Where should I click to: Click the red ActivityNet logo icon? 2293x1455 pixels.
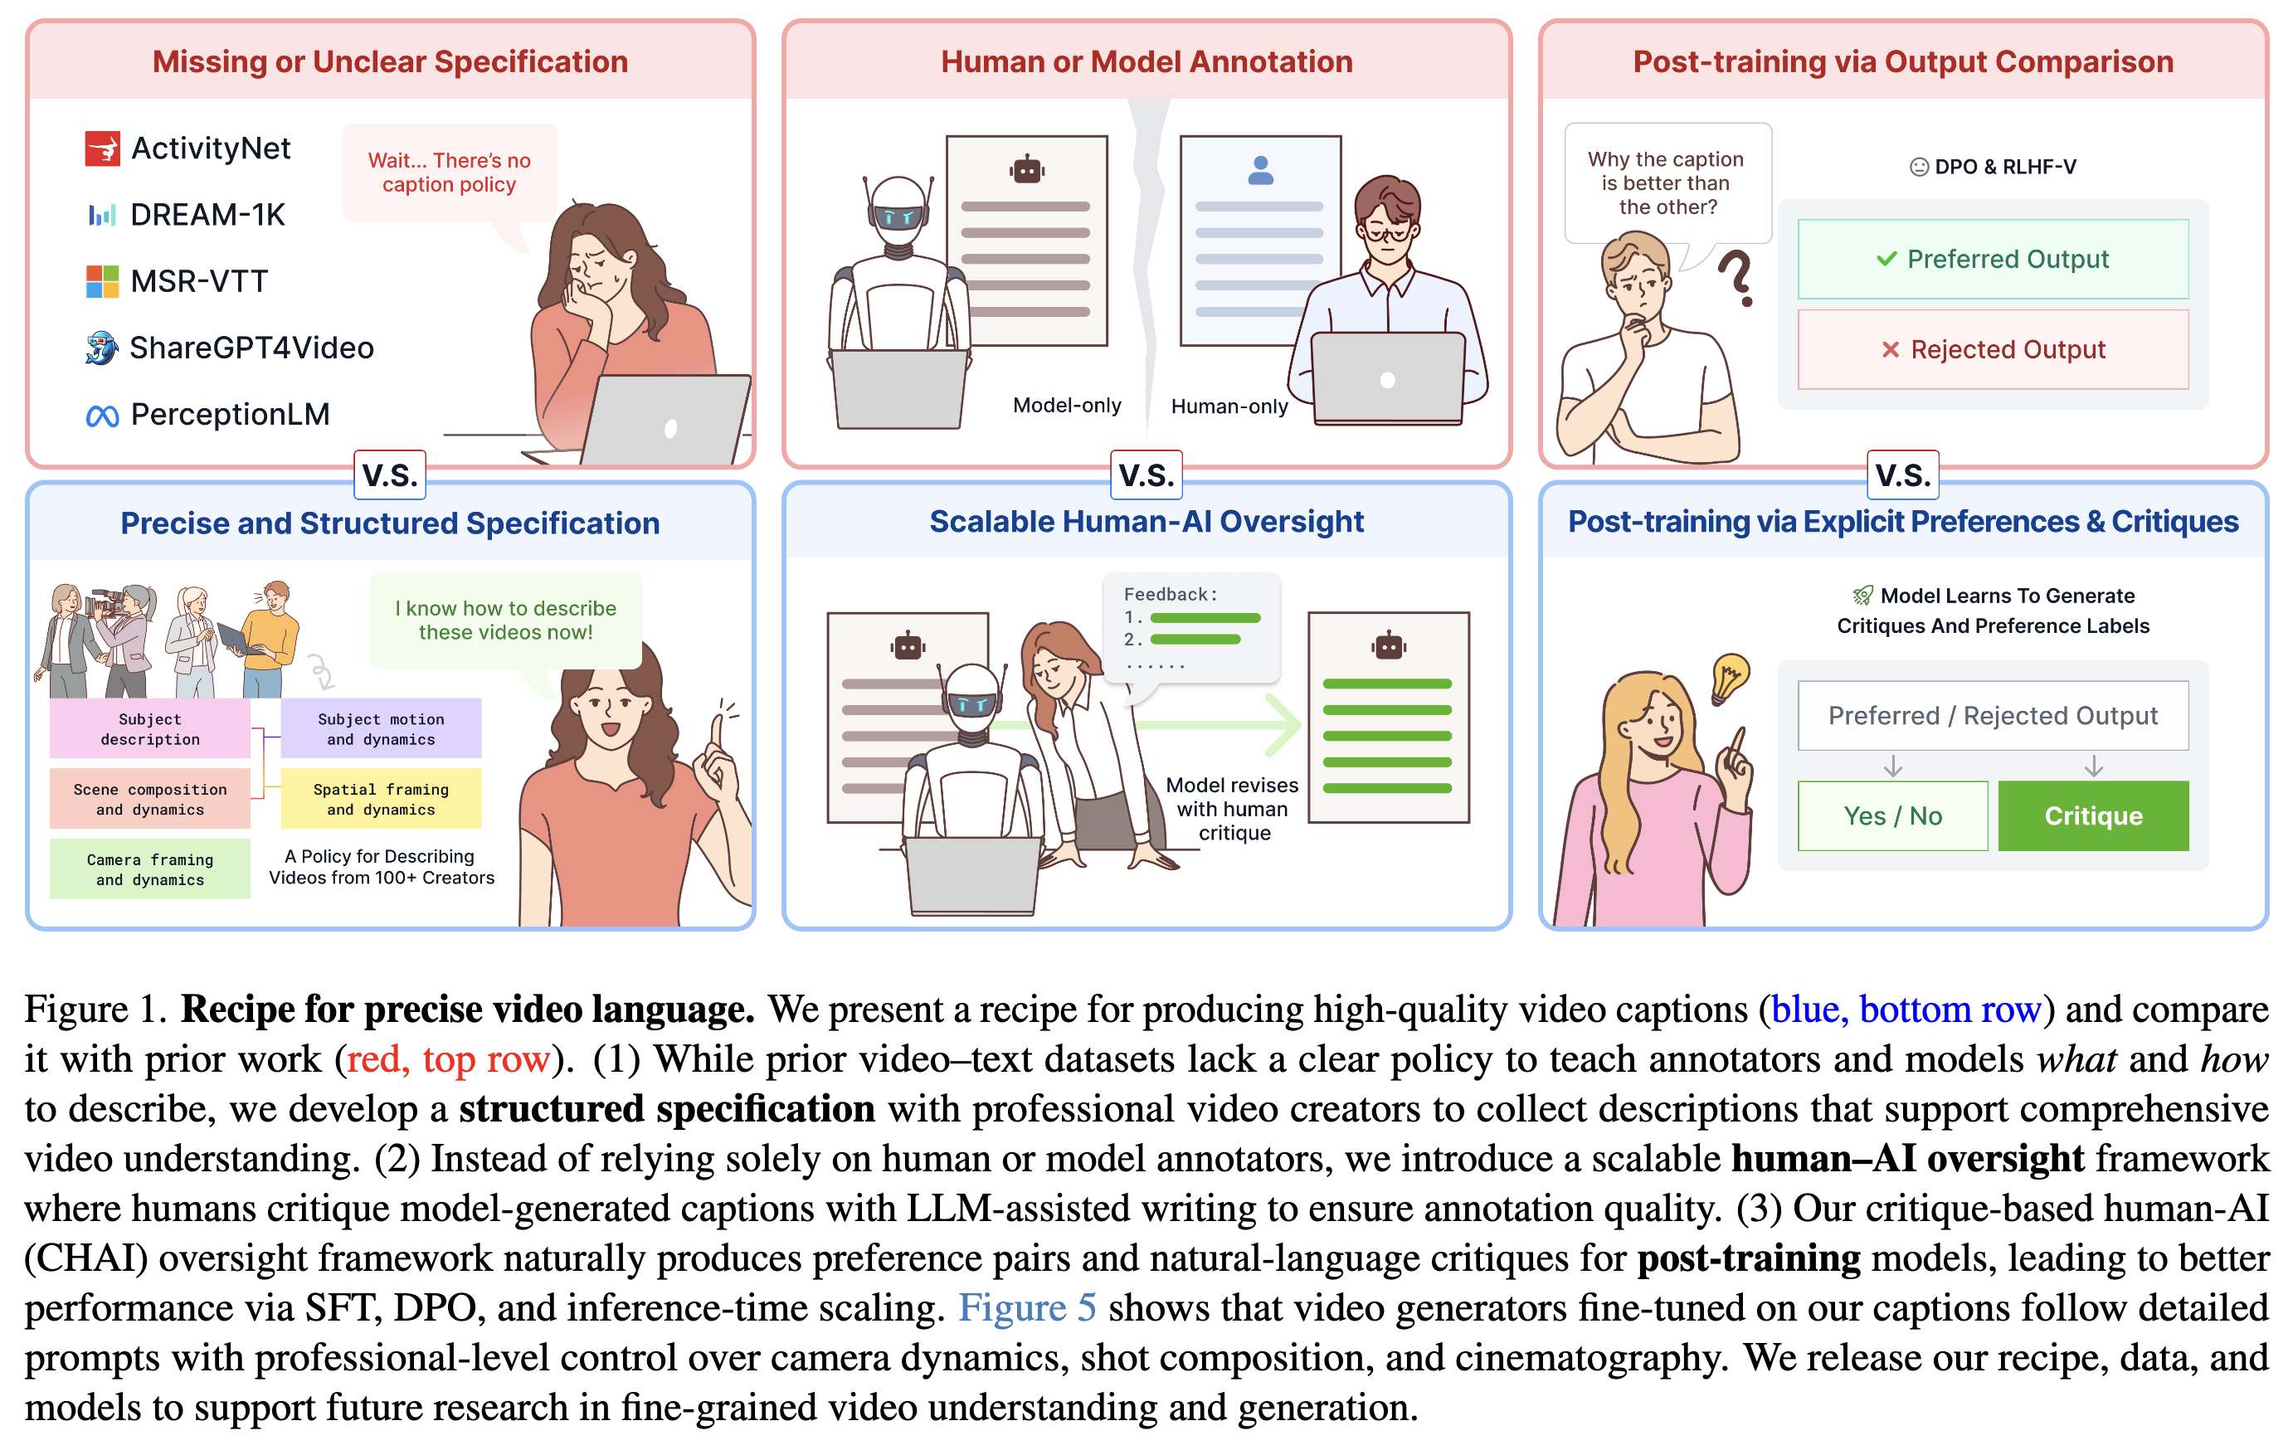pos(102,148)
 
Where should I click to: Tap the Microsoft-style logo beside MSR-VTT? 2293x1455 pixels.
pos(102,282)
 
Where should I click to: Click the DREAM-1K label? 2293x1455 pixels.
pos(207,215)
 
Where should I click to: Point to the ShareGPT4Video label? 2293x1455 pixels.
pos(251,348)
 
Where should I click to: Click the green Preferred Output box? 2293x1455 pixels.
pos(1993,259)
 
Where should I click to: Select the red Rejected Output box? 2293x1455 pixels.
pos(1993,349)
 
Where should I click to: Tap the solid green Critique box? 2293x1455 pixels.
pos(2093,816)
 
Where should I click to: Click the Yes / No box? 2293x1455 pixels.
pos(1893,816)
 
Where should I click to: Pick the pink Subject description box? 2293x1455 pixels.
pos(150,728)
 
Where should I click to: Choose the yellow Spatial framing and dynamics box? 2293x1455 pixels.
pos(381,799)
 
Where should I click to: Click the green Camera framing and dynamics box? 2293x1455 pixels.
pos(150,869)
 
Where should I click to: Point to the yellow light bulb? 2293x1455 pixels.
pos(1729,678)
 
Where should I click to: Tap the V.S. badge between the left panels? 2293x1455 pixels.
pos(389,475)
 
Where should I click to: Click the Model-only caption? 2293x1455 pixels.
pos(1067,406)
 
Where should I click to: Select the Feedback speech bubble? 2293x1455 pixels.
pos(1190,631)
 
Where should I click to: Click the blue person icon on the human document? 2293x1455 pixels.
pos(1261,170)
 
